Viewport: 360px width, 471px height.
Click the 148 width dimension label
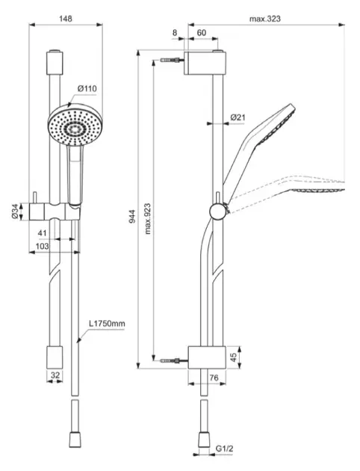[x=66, y=19]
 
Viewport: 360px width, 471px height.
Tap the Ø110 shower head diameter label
[x=87, y=89]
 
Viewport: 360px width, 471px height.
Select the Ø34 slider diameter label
[x=16, y=212]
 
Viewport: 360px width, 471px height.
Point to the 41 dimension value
[x=43, y=233]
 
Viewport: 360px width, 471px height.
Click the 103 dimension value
[x=42, y=246]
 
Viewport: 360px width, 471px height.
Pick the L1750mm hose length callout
[x=107, y=324]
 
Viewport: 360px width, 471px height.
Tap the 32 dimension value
[x=55, y=375]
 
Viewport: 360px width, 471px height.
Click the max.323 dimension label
[x=265, y=19]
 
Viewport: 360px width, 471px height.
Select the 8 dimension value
[x=175, y=33]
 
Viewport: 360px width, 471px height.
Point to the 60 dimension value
[x=202, y=33]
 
